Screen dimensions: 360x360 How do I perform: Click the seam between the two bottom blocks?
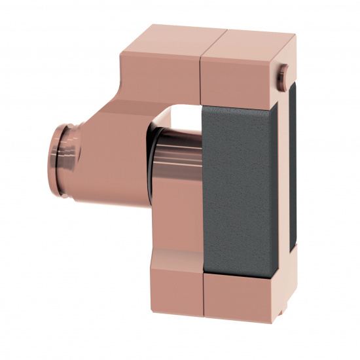204,298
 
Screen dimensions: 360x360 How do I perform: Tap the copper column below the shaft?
177,223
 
